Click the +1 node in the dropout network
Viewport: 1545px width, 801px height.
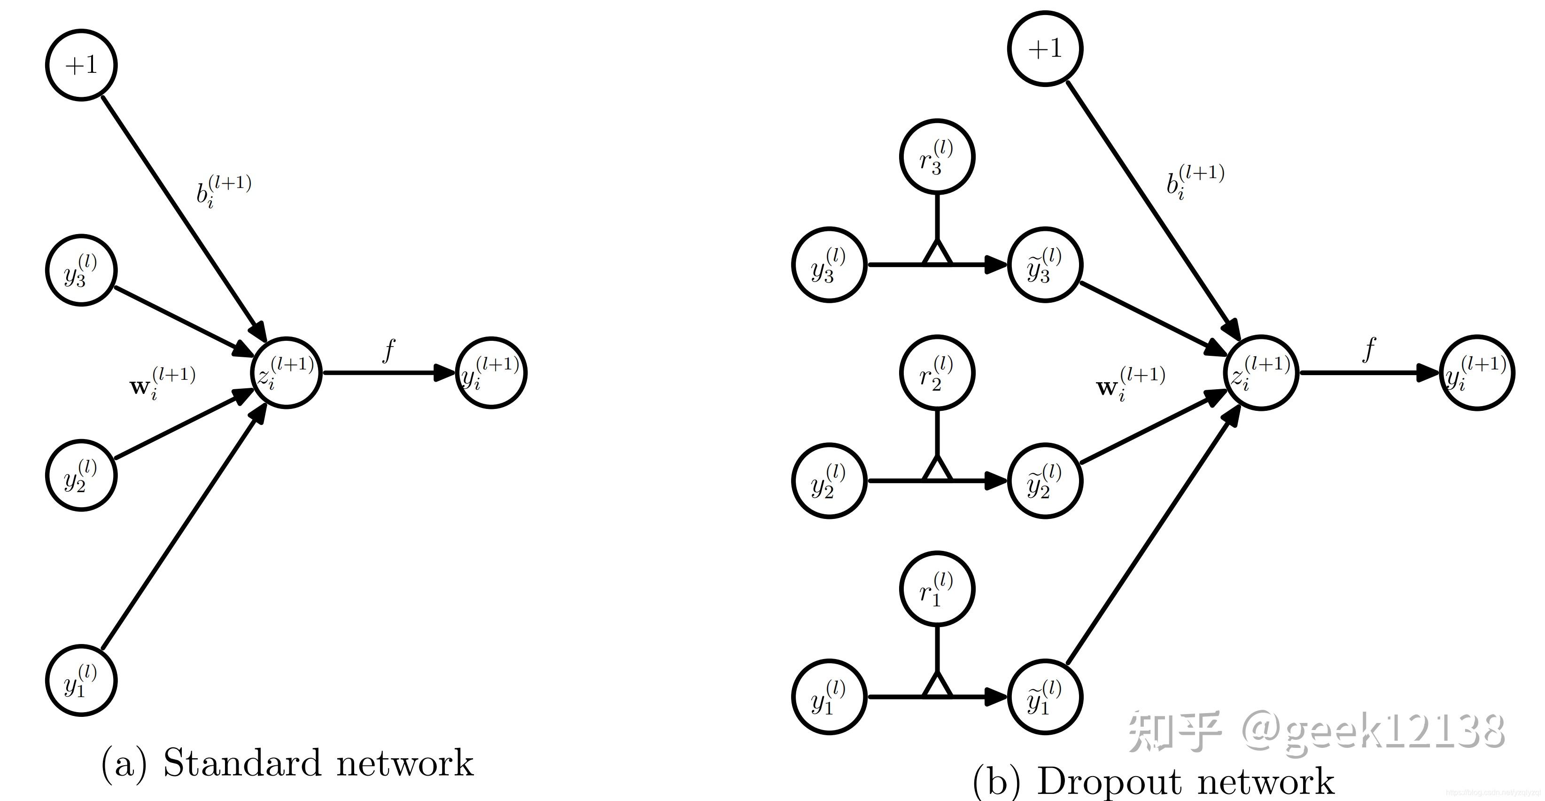pyautogui.click(x=1045, y=48)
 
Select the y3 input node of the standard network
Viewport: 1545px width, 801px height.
pyautogui.click(x=81, y=271)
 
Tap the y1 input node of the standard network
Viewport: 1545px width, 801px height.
pyautogui.click(x=81, y=680)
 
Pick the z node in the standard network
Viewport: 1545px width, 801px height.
pyautogui.click(x=286, y=373)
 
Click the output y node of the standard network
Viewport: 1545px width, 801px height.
pyautogui.click(x=491, y=373)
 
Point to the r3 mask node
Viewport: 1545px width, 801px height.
pyautogui.click(x=937, y=157)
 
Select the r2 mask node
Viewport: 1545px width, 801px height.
pyautogui.click(x=937, y=373)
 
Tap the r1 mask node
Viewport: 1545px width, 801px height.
pyautogui.click(x=937, y=589)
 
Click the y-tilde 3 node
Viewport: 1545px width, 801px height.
pyautogui.click(x=1045, y=265)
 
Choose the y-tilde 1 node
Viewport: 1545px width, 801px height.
pyautogui.click(x=1045, y=697)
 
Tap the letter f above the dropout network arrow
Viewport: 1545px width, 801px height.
pyautogui.click(x=1369, y=350)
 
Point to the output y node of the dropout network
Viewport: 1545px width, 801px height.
pyautogui.click(x=1476, y=373)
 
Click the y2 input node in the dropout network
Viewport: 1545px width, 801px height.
pyautogui.click(x=829, y=480)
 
